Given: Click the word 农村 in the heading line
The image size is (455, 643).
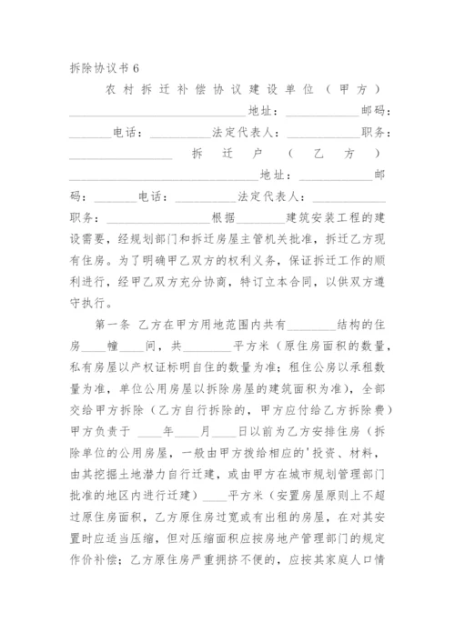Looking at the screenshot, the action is click(x=119, y=91).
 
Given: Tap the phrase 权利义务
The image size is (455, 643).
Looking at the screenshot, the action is click(x=228, y=261).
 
